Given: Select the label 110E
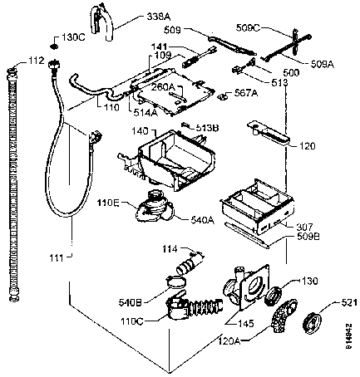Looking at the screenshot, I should (111, 202).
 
